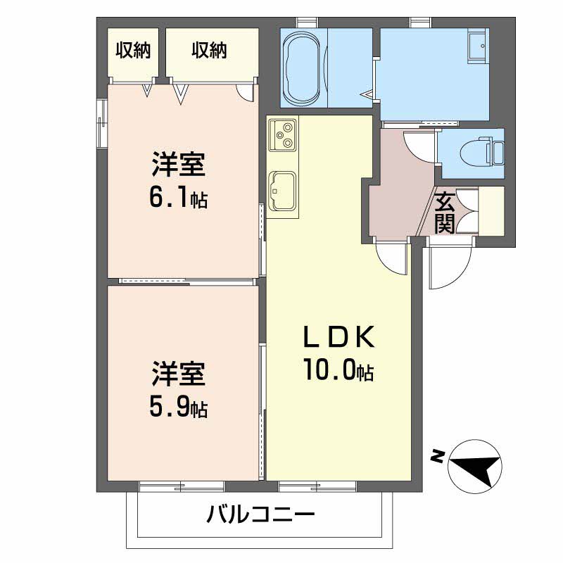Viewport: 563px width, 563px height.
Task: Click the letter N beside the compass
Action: (x=437, y=457)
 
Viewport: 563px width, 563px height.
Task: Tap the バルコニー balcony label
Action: (x=260, y=515)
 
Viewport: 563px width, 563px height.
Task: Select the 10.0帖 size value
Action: (x=337, y=370)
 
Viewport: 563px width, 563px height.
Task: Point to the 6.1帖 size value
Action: (x=177, y=198)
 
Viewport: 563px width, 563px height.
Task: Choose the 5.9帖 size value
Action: (x=177, y=407)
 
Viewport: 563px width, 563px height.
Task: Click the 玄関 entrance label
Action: (x=445, y=213)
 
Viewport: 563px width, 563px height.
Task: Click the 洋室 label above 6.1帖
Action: (x=177, y=165)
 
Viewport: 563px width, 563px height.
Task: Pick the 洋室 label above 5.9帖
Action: (x=177, y=374)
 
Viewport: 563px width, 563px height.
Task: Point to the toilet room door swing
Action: (x=421, y=148)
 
